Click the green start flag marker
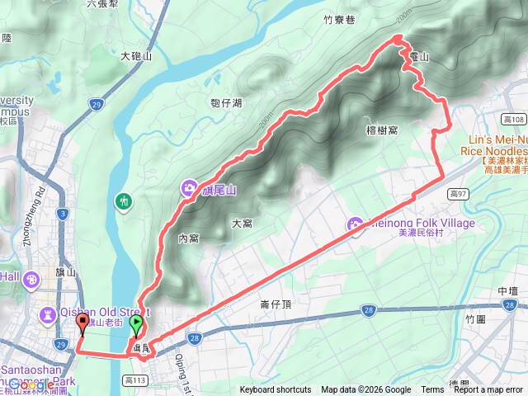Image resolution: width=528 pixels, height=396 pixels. [x=136, y=326]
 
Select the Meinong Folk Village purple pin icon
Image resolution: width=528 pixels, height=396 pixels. [x=356, y=224]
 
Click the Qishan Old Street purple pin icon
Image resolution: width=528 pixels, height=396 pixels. [x=48, y=313]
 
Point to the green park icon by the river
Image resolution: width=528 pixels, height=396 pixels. [x=125, y=200]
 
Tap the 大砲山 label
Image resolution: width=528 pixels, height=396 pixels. [x=136, y=56]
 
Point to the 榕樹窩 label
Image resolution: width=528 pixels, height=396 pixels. [x=381, y=130]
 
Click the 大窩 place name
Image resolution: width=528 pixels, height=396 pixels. [x=242, y=223]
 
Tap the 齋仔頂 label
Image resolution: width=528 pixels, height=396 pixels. [x=277, y=304]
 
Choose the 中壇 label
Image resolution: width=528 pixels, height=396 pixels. [x=508, y=291]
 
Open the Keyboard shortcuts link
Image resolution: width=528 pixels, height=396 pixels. [x=276, y=390]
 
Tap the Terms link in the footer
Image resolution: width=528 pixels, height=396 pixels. [x=432, y=390]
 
